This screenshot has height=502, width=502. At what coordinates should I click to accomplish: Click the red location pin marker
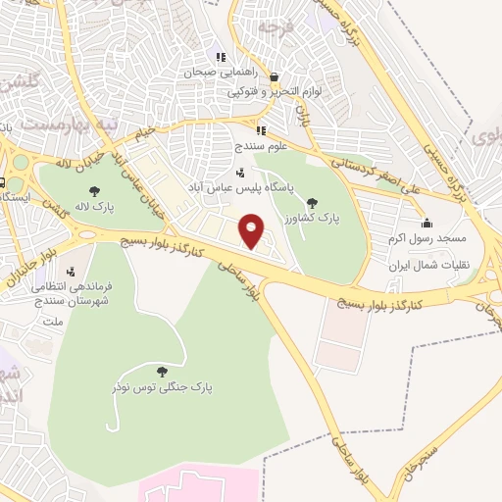pos(252,230)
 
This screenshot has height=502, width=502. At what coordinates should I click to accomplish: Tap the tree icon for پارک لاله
pos(95,191)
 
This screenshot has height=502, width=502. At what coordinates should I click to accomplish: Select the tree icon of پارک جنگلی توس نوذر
pos(162,371)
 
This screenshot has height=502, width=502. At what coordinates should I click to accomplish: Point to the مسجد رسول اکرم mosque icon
pos(427,222)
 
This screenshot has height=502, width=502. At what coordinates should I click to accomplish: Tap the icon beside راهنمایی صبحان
pos(221,57)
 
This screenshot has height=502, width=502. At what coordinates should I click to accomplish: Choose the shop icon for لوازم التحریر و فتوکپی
pos(275,77)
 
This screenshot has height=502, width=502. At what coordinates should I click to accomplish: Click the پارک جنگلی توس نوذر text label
pos(162,387)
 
